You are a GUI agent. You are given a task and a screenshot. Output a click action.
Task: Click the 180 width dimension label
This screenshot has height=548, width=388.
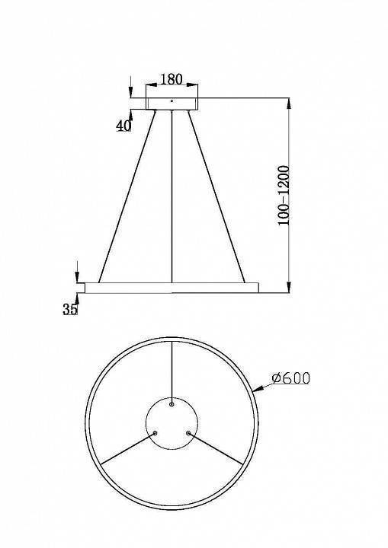coord(172,79)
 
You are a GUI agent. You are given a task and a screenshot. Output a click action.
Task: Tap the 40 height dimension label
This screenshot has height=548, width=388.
coord(123,126)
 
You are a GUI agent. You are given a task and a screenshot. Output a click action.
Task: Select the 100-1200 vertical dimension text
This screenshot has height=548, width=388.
coord(283,195)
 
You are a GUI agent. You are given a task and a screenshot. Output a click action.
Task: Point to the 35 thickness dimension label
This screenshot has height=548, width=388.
coord(70,308)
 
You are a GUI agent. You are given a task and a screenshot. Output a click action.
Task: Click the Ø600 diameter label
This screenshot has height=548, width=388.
coord(290,378)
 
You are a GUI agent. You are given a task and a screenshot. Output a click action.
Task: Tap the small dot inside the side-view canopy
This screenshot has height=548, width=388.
coord(172,100)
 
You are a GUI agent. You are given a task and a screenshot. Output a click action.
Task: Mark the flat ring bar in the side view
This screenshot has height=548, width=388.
coord(172,287)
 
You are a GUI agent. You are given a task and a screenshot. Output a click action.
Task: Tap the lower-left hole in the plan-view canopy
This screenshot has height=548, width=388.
coord(156,432)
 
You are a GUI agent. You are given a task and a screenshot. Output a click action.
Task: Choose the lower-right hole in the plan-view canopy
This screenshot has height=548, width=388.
coord(188,432)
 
